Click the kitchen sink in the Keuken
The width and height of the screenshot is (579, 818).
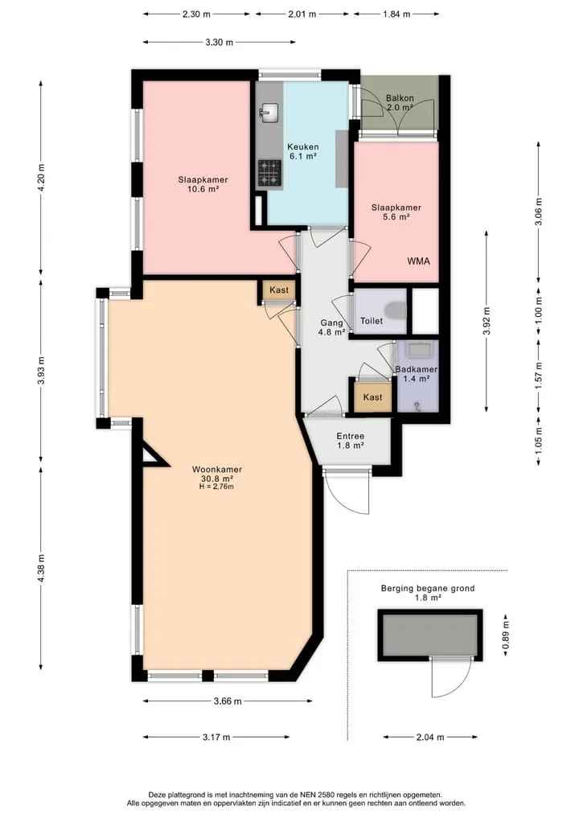(269, 112)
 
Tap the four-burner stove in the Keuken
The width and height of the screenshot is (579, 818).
(269, 173)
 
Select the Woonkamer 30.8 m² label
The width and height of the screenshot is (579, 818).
(217, 474)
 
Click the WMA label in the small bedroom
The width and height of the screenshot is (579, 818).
(418, 261)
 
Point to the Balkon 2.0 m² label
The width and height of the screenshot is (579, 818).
(400, 103)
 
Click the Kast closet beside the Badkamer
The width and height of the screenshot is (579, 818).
(372, 397)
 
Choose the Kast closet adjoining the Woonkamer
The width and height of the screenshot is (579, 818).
(279, 290)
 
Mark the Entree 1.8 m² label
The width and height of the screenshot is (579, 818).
(351, 441)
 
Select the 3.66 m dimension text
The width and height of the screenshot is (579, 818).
(228, 701)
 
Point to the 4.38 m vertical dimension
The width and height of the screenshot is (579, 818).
(42, 568)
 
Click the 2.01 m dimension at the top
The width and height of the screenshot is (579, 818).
(302, 14)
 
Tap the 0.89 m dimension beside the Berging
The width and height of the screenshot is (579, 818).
(505, 635)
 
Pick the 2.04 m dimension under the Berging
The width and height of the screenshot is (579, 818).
(430, 737)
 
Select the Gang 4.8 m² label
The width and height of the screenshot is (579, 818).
(332, 327)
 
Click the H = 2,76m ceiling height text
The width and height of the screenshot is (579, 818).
(216, 487)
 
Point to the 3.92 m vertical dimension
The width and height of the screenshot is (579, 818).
(487, 320)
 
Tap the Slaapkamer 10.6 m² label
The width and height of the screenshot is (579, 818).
(203, 185)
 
